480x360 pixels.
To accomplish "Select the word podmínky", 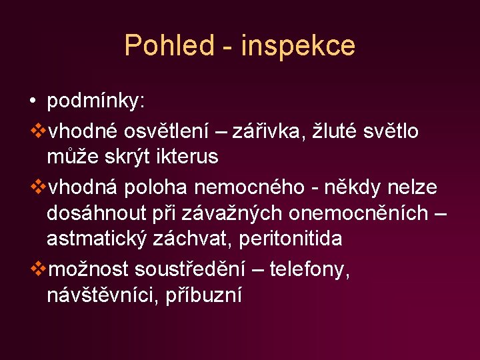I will (95, 102).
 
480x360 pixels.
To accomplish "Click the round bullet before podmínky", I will (33, 102).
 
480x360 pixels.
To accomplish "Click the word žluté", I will (333, 132).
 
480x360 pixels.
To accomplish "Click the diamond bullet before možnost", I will (37, 269).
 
